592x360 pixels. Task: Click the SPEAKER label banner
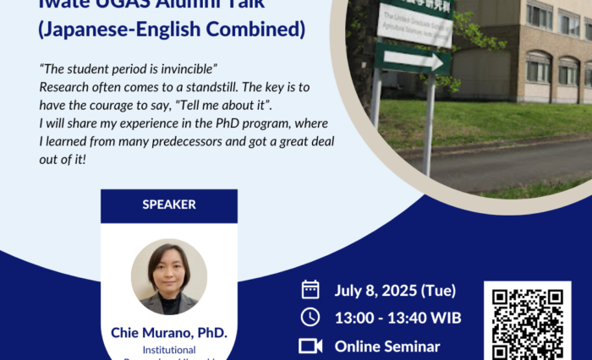169,205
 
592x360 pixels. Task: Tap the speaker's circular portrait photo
169,276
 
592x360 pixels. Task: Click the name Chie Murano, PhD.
169,332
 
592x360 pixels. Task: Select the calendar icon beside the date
310,290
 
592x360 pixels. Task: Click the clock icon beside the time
310,317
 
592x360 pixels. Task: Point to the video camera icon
310,346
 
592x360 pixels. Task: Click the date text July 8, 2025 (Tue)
395,291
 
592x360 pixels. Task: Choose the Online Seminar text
387,346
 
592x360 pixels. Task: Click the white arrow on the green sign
414,60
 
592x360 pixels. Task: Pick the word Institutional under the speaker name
169,349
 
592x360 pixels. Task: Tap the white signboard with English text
414,25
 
